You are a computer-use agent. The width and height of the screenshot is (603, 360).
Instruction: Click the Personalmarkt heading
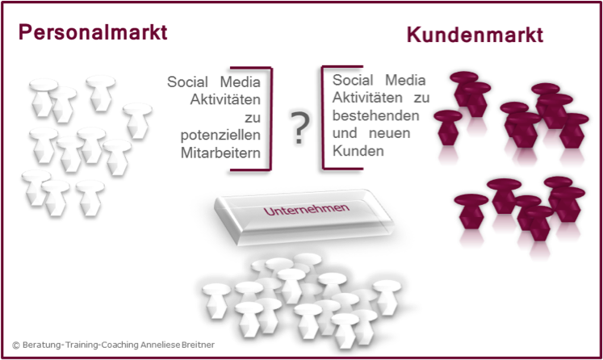point(93,32)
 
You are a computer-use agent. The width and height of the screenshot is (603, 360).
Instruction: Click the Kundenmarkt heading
point(475,35)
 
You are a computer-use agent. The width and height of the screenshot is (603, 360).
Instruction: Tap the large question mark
point(300,128)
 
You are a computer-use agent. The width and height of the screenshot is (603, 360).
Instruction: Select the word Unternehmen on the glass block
point(307,209)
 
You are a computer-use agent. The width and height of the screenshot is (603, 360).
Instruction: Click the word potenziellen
point(220,136)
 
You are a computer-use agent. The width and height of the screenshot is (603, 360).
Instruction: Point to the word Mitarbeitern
point(220,153)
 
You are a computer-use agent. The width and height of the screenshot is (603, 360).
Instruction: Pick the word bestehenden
point(375,115)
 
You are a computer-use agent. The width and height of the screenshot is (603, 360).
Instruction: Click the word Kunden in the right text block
point(358,151)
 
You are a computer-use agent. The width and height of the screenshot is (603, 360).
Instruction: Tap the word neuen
point(390,133)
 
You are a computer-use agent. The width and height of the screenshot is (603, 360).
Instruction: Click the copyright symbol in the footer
point(16,345)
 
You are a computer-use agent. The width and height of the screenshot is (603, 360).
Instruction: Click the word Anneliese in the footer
point(161,345)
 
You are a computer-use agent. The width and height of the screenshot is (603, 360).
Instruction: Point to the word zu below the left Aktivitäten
point(253,118)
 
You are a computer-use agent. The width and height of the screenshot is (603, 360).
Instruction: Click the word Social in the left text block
point(187,82)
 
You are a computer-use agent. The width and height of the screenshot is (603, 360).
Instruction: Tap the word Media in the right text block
point(405,81)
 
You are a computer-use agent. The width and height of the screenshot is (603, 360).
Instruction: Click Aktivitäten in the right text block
point(367,98)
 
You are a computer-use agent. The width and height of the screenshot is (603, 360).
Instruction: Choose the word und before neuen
point(345,133)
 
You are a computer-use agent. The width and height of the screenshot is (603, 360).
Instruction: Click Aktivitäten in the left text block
point(225,99)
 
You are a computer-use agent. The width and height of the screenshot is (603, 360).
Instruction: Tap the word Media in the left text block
point(241,82)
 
